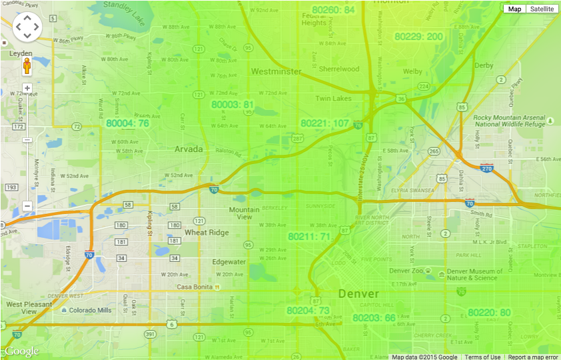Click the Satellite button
click(x=541, y=9)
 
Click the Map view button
click(x=514, y=9)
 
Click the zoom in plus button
click(x=27, y=88)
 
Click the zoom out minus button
click(x=27, y=206)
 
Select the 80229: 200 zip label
click(x=418, y=36)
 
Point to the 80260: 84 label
click(x=333, y=10)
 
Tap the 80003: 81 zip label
click(x=233, y=105)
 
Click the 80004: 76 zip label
click(x=127, y=123)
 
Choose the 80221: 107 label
click(x=324, y=123)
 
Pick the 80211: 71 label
click(x=309, y=237)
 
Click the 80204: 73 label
click(x=308, y=311)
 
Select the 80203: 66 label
click(x=374, y=317)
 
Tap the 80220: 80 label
click(x=489, y=312)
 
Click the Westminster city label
click(x=277, y=71)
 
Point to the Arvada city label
click(x=189, y=149)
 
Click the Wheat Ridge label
click(x=207, y=233)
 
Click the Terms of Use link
click(x=482, y=357)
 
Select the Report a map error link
click(x=533, y=357)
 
